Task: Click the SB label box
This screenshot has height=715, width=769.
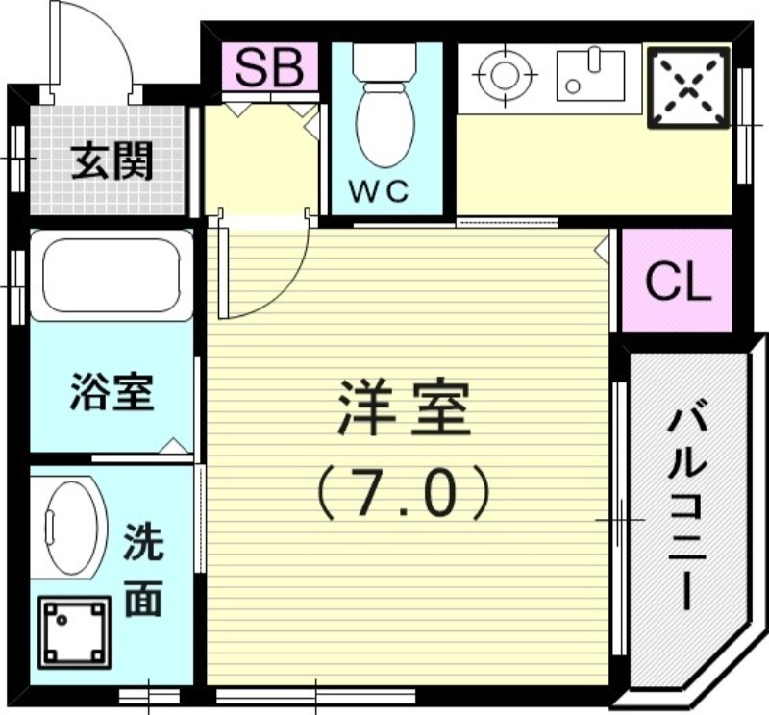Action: pyautogui.click(x=269, y=67)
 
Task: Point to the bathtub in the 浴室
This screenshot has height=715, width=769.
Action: pyautogui.click(x=112, y=275)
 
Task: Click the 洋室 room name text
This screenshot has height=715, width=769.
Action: pyautogui.click(x=403, y=408)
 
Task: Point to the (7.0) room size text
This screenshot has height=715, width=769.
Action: pyautogui.click(x=403, y=492)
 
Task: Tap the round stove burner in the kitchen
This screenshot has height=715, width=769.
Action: pyautogui.click(x=501, y=72)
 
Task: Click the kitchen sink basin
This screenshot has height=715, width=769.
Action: pyautogui.click(x=589, y=72)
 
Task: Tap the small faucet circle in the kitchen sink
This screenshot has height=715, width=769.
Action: pyautogui.click(x=573, y=86)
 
